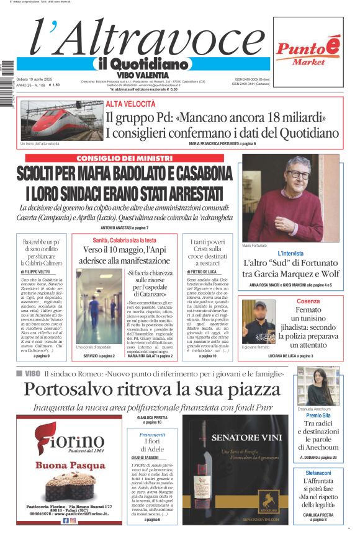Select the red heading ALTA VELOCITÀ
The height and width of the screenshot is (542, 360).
coord(130,104)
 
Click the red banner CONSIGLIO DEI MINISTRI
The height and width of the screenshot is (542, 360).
coord(124,158)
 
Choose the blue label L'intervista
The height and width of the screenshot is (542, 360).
coord(290,254)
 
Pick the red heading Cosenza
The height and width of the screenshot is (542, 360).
coord(308,301)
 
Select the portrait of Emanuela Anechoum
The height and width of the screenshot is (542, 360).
coord(318,386)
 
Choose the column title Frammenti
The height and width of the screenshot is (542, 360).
coord(153,435)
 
